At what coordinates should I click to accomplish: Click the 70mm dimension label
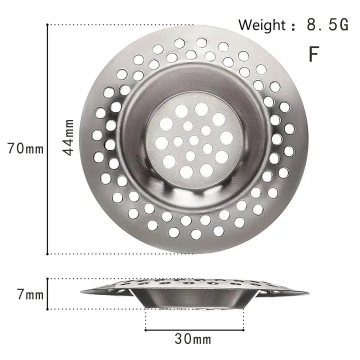pos(22,148)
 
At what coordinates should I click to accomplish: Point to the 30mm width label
pos(193,340)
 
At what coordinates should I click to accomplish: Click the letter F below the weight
pos(313,54)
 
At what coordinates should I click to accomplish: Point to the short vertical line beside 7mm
pos(47,294)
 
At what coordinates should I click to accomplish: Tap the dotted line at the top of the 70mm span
pos(120,24)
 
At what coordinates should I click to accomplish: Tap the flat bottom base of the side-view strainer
pos(194,306)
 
